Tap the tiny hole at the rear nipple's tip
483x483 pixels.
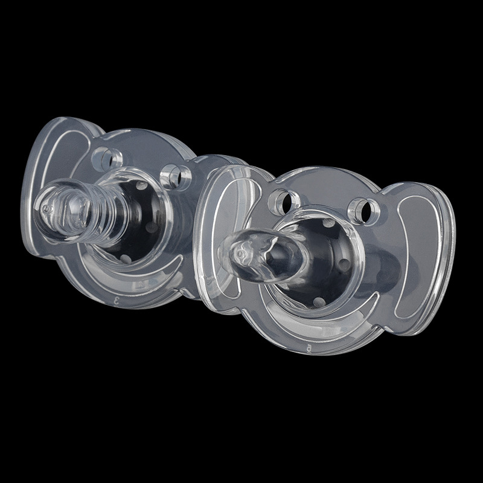pos(45,208)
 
